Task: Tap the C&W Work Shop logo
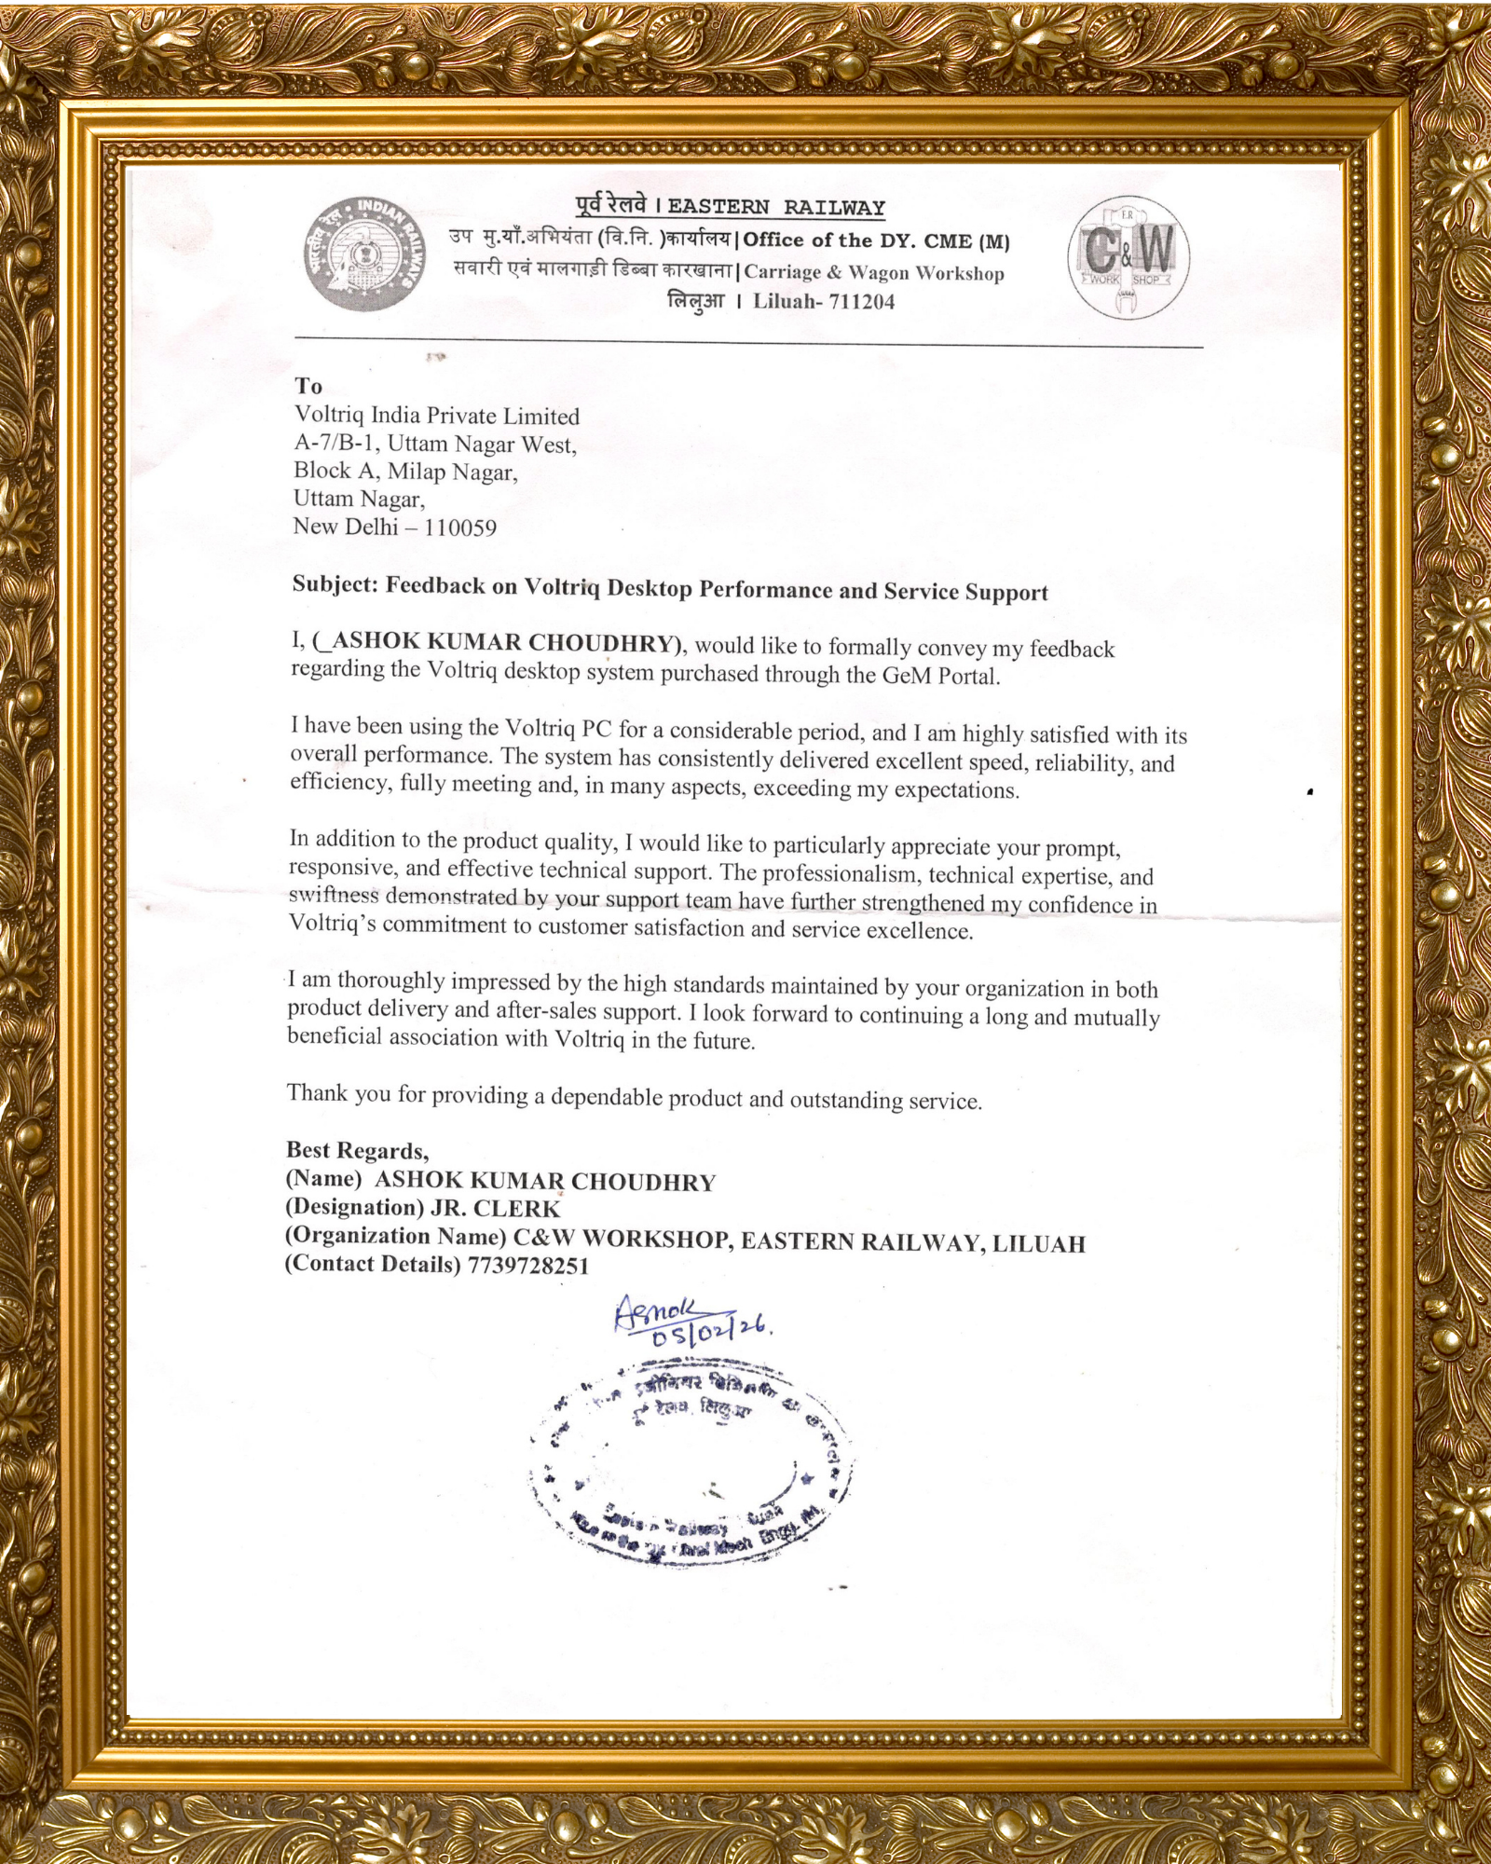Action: click(x=1128, y=258)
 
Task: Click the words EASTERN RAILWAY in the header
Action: click(x=776, y=207)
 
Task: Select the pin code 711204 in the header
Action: click(x=861, y=302)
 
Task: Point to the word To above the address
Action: click(x=308, y=386)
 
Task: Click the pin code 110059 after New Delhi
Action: click(x=460, y=528)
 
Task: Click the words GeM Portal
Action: click(x=941, y=676)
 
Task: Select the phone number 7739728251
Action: click(x=528, y=1265)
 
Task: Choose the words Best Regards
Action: click(x=357, y=1151)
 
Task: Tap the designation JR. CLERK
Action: click(x=495, y=1209)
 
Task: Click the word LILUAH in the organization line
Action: click(x=1039, y=1243)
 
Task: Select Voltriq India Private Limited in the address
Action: click(x=437, y=416)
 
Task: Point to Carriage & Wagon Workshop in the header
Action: click(x=874, y=272)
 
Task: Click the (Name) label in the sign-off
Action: click(x=323, y=1179)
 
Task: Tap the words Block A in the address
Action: click(x=335, y=471)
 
